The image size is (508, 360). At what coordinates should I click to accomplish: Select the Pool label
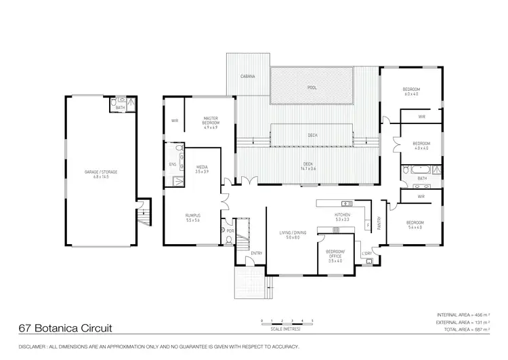pyautogui.click(x=312, y=87)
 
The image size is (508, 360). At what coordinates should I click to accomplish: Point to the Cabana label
pyautogui.click(x=248, y=77)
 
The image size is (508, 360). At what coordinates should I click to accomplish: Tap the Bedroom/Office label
pyautogui.click(x=335, y=254)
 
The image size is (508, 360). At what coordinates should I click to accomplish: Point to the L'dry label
pyautogui.click(x=366, y=254)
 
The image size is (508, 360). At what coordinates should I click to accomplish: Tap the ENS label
pyautogui.click(x=172, y=164)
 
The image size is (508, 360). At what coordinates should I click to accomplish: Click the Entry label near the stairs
pyautogui.click(x=256, y=254)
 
